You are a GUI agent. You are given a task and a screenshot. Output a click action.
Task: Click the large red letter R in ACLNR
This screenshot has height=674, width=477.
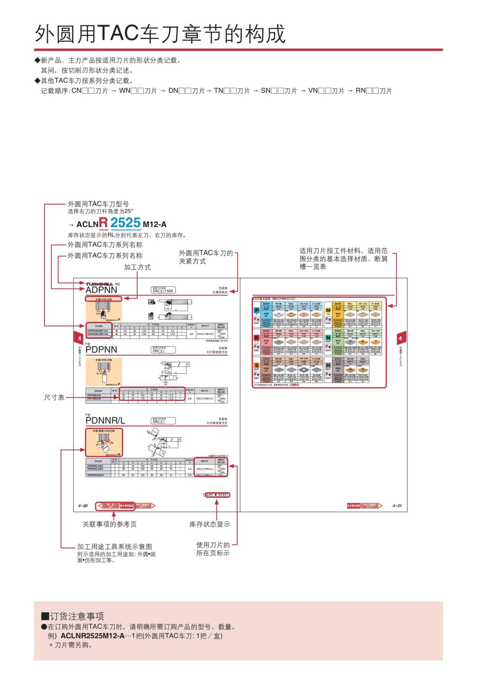click(x=103, y=222)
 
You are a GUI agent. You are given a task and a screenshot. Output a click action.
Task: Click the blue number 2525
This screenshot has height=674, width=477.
click(x=126, y=223)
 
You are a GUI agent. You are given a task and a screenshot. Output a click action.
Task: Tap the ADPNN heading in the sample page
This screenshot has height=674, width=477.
click(x=101, y=290)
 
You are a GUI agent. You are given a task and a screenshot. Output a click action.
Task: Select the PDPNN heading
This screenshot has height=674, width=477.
click(x=101, y=350)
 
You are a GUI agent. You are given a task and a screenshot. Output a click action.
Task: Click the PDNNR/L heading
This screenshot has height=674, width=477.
click(x=105, y=421)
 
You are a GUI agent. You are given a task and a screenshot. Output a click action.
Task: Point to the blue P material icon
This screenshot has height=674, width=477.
click(x=257, y=310)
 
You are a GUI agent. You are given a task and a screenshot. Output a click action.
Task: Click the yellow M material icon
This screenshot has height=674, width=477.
click(x=328, y=310)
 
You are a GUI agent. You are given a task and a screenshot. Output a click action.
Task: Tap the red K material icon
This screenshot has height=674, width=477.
click(x=257, y=338)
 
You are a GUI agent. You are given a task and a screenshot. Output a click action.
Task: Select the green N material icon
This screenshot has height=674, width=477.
click(x=328, y=338)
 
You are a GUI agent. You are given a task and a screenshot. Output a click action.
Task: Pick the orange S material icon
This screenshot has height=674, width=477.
click(x=257, y=365)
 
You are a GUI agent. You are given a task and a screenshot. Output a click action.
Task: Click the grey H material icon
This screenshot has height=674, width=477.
click(x=328, y=365)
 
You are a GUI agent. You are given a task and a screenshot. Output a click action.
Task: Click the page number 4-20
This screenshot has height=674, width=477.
click(x=83, y=506)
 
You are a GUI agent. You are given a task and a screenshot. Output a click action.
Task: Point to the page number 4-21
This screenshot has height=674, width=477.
click(x=397, y=506)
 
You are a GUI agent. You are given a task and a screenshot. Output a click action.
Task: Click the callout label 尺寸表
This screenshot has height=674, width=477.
click(x=54, y=398)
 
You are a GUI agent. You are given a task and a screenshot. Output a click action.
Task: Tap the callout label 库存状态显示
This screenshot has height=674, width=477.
click(x=209, y=524)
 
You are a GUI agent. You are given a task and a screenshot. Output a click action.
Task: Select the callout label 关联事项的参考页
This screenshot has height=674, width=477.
click(x=110, y=524)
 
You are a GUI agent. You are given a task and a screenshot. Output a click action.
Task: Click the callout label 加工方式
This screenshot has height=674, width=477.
click(x=137, y=267)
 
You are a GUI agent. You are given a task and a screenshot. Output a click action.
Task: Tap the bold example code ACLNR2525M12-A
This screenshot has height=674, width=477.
click(x=92, y=636)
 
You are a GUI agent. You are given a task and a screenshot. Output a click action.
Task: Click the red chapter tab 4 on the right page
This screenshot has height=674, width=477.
click(x=400, y=338)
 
